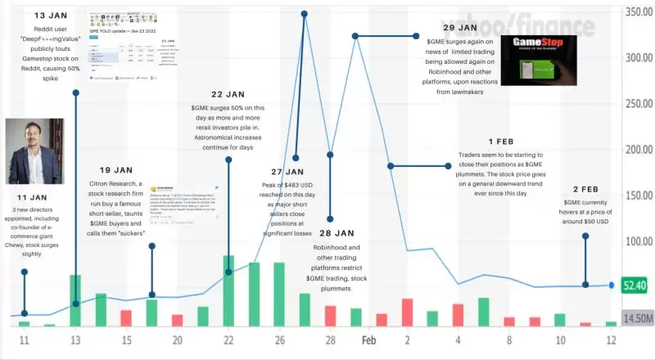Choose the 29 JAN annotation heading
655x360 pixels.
tap(448, 28)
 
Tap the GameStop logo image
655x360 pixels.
tap(533, 59)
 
